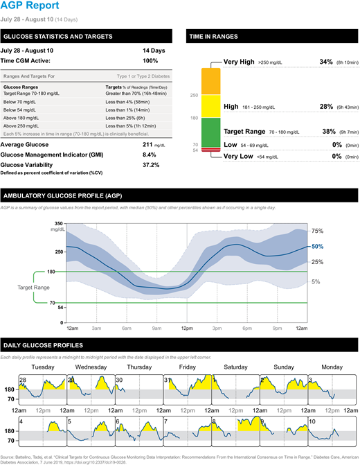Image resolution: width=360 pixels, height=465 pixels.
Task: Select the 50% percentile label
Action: pos(318,246)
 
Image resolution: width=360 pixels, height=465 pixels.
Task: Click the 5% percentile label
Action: pos(316,282)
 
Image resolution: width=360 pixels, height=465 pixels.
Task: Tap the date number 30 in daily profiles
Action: pos(119,380)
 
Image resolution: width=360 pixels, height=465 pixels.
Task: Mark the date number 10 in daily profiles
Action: pos(313,421)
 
